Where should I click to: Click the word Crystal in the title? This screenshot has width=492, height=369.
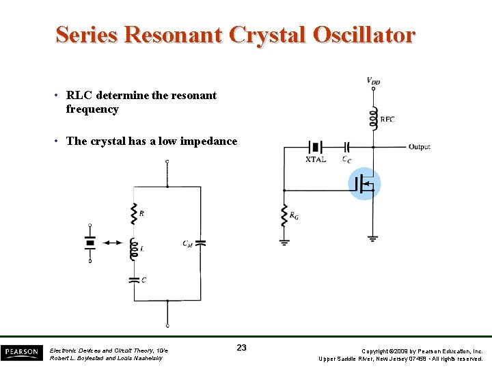point(263,35)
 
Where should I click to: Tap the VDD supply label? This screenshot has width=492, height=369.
point(373,81)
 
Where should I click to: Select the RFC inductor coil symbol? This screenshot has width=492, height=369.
point(373,118)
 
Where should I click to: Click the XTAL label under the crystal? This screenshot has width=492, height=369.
point(316,159)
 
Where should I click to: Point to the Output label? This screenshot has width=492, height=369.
point(420,147)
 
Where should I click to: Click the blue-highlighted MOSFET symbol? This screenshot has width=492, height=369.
point(364,184)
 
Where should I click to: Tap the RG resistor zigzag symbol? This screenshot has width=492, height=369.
point(284,216)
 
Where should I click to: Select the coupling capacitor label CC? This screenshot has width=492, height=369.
point(348,159)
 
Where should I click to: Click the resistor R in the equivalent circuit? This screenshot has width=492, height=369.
point(134,214)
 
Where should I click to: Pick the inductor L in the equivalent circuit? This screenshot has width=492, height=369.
point(134,249)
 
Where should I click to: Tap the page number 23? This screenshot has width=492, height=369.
point(241,348)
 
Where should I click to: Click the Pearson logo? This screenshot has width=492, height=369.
point(21,353)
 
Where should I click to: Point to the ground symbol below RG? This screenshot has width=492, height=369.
point(284,241)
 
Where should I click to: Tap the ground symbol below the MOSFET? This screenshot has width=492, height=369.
point(372,238)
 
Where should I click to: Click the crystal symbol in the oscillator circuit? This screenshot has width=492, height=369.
point(316,147)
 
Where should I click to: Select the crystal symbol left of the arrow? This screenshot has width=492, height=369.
point(90,242)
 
